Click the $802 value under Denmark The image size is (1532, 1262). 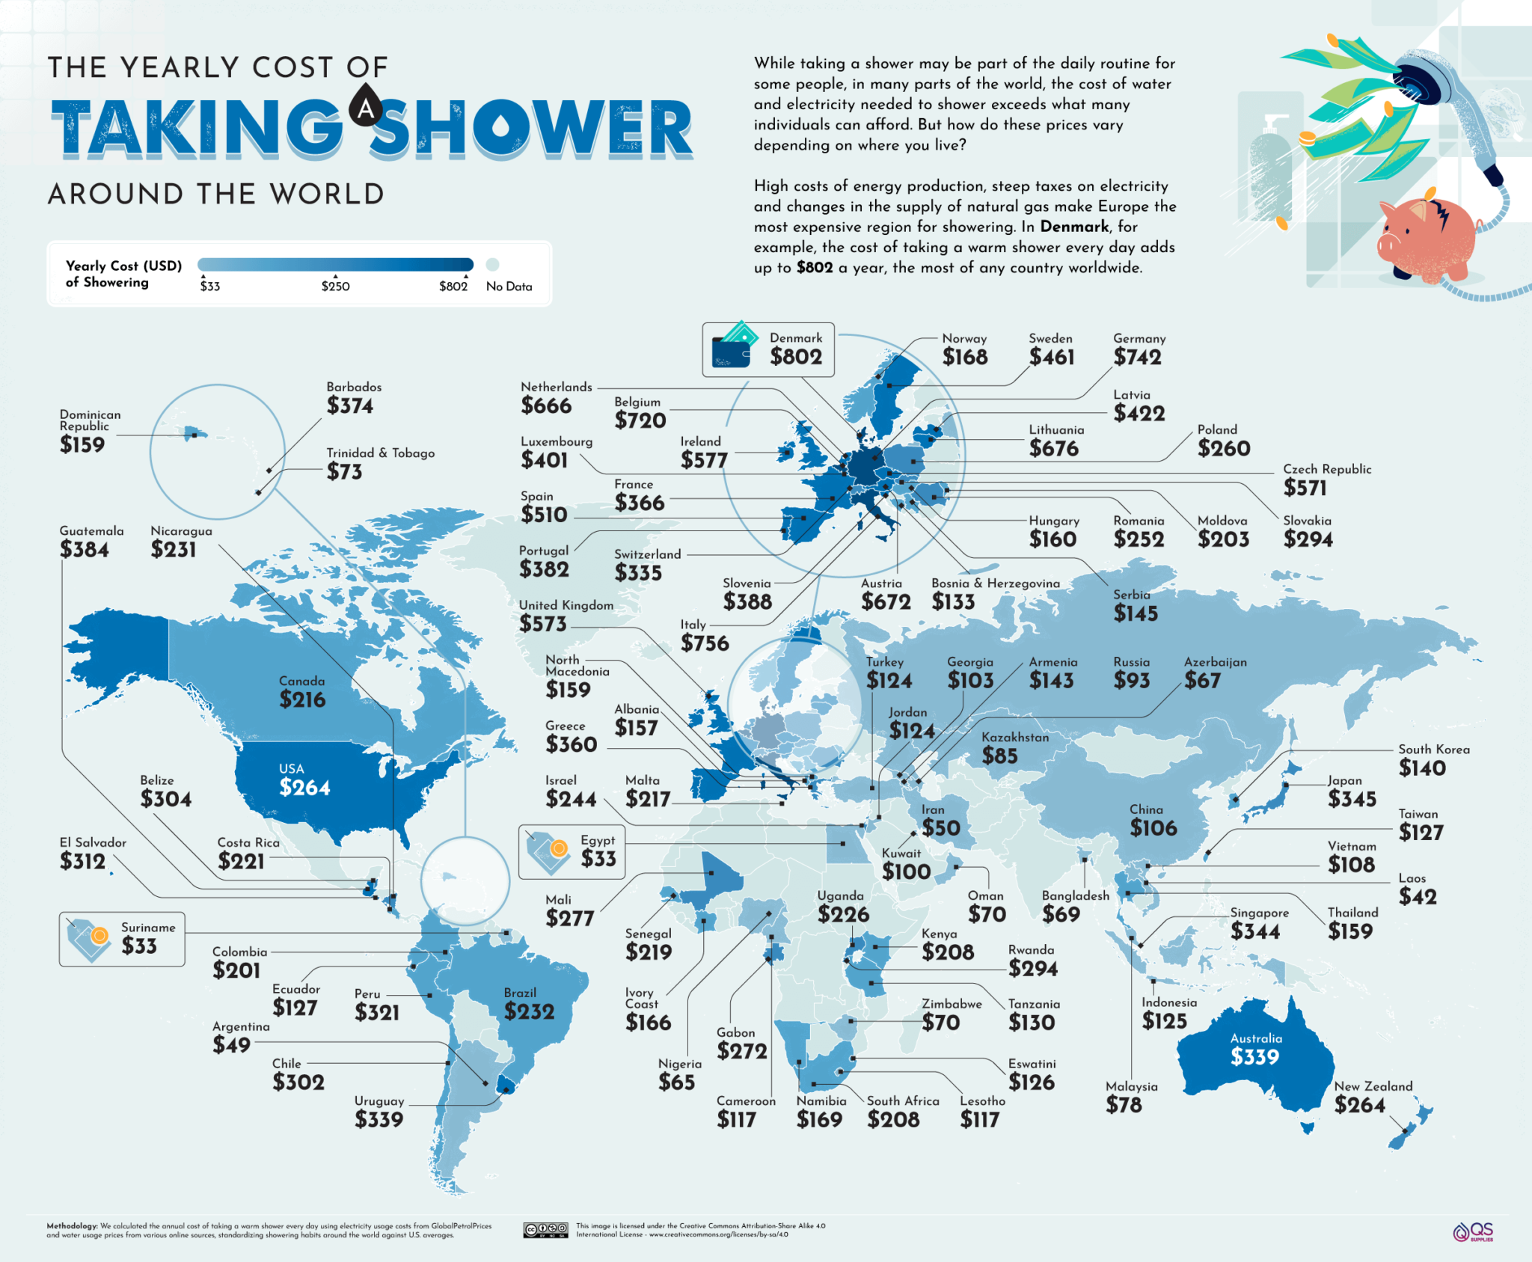tap(796, 357)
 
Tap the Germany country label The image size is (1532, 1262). tap(1139, 339)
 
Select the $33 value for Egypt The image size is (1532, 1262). tap(598, 858)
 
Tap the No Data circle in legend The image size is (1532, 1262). tap(492, 264)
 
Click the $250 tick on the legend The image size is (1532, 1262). tap(335, 278)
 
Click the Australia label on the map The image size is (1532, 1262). tap(1256, 1038)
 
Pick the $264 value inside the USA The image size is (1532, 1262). tap(304, 788)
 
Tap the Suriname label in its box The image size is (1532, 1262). tap(148, 928)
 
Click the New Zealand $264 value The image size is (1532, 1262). tap(1359, 1105)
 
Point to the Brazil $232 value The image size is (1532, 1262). tap(529, 1011)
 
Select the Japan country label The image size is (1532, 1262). tap(1344, 780)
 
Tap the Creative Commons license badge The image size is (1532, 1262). tap(545, 1230)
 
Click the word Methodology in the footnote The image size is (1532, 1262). tap(72, 1226)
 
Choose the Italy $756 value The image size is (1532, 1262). tap(704, 643)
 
